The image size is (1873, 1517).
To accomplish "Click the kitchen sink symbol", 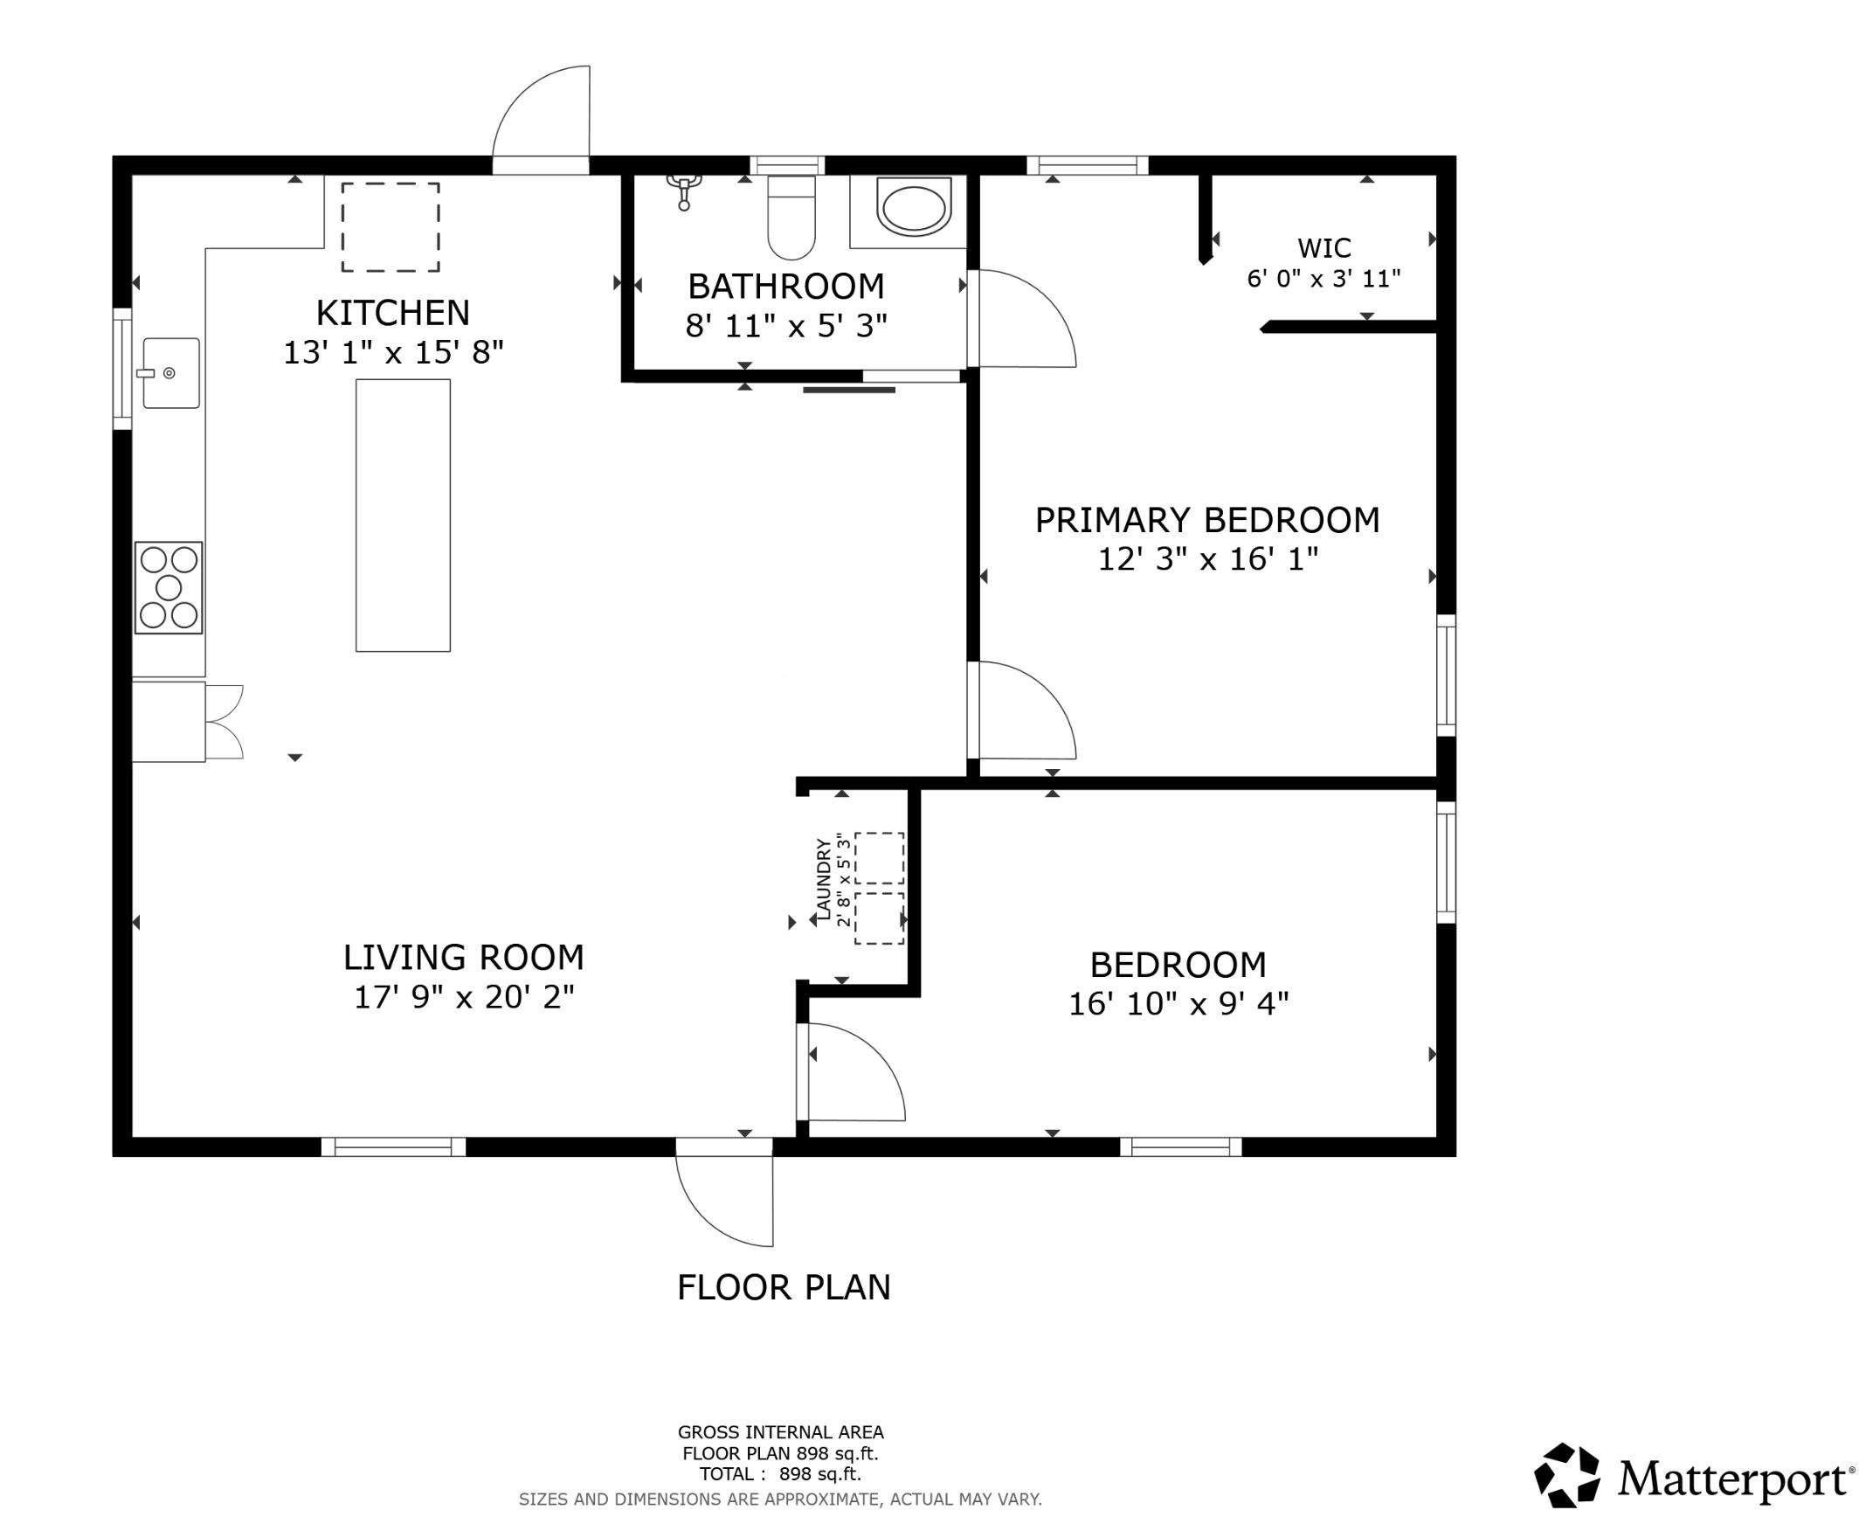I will [x=170, y=373].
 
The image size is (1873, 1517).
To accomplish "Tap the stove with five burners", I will [x=169, y=587].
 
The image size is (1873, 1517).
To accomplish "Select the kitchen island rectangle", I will [x=403, y=516].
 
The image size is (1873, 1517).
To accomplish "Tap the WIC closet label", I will [x=1324, y=248].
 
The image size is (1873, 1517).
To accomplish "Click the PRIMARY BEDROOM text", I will [x=1206, y=520].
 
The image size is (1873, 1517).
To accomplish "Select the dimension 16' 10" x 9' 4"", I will [x=1178, y=1004].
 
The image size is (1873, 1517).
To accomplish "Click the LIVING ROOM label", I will [x=463, y=958].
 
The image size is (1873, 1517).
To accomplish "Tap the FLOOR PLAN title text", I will [x=784, y=1287].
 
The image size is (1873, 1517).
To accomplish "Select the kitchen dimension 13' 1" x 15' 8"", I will [x=393, y=352].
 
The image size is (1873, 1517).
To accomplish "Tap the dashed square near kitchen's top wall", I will [x=390, y=227].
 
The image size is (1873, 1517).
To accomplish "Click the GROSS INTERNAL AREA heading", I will [x=780, y=1432].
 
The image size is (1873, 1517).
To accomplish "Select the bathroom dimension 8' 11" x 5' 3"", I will [x=785, y=326].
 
